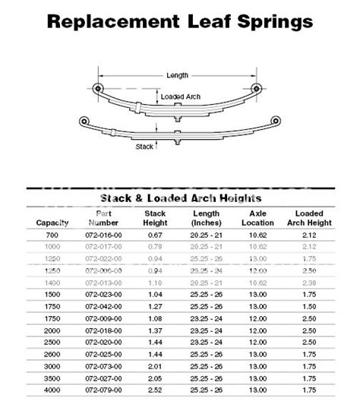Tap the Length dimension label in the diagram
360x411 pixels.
(x=178, y=74)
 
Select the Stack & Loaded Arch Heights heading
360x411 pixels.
(x=181, y=198)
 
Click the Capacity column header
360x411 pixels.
(x=52, y=223)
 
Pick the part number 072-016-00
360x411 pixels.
(x=103, y=236)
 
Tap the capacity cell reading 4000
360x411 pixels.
(x=52, y=391)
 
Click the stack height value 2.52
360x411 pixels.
(x=155, y=391)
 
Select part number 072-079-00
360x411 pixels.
(x=103, y=391)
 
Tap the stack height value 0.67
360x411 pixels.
(x=155, y=236)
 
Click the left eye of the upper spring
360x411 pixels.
(x=96, y=86)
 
